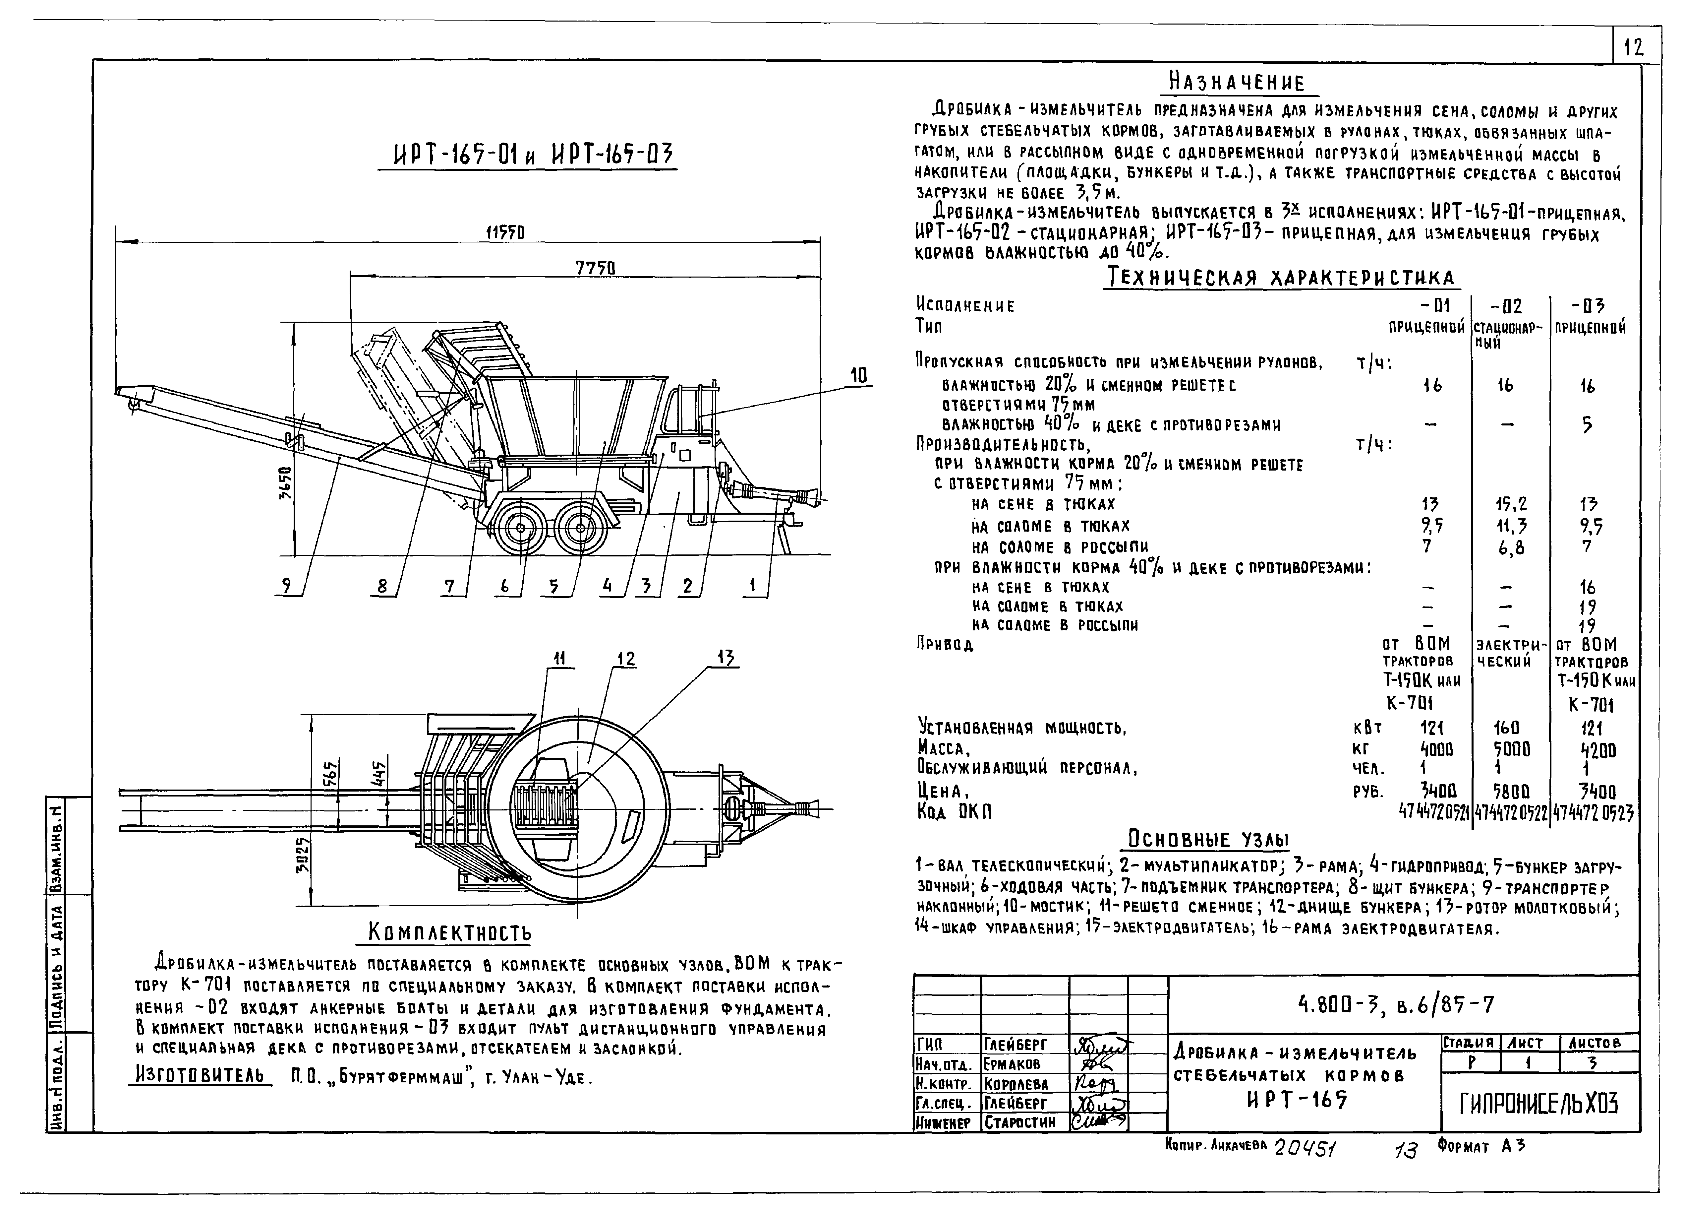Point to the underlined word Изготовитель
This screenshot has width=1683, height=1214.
(201, 1074)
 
